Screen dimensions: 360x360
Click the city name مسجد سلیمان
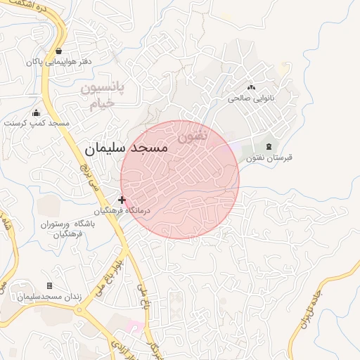[x=127, y=148]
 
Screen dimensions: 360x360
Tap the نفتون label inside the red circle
[x=193, y=136]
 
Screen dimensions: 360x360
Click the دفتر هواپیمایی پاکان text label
[x=60, y=62]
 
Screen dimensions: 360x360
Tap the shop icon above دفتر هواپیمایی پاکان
[x=58, y=51]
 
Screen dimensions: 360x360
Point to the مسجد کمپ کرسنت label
[x=37, y=123]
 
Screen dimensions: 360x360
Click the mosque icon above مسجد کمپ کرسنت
[x=37, y=112]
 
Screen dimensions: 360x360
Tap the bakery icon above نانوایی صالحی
[x=251, y=87]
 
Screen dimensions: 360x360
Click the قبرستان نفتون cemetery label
[x=268, y=157]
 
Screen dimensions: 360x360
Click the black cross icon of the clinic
[x=122, y=200]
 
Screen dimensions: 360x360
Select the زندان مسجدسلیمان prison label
[x=49, y=297]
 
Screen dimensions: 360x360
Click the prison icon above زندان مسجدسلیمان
[x=49, y=285]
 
